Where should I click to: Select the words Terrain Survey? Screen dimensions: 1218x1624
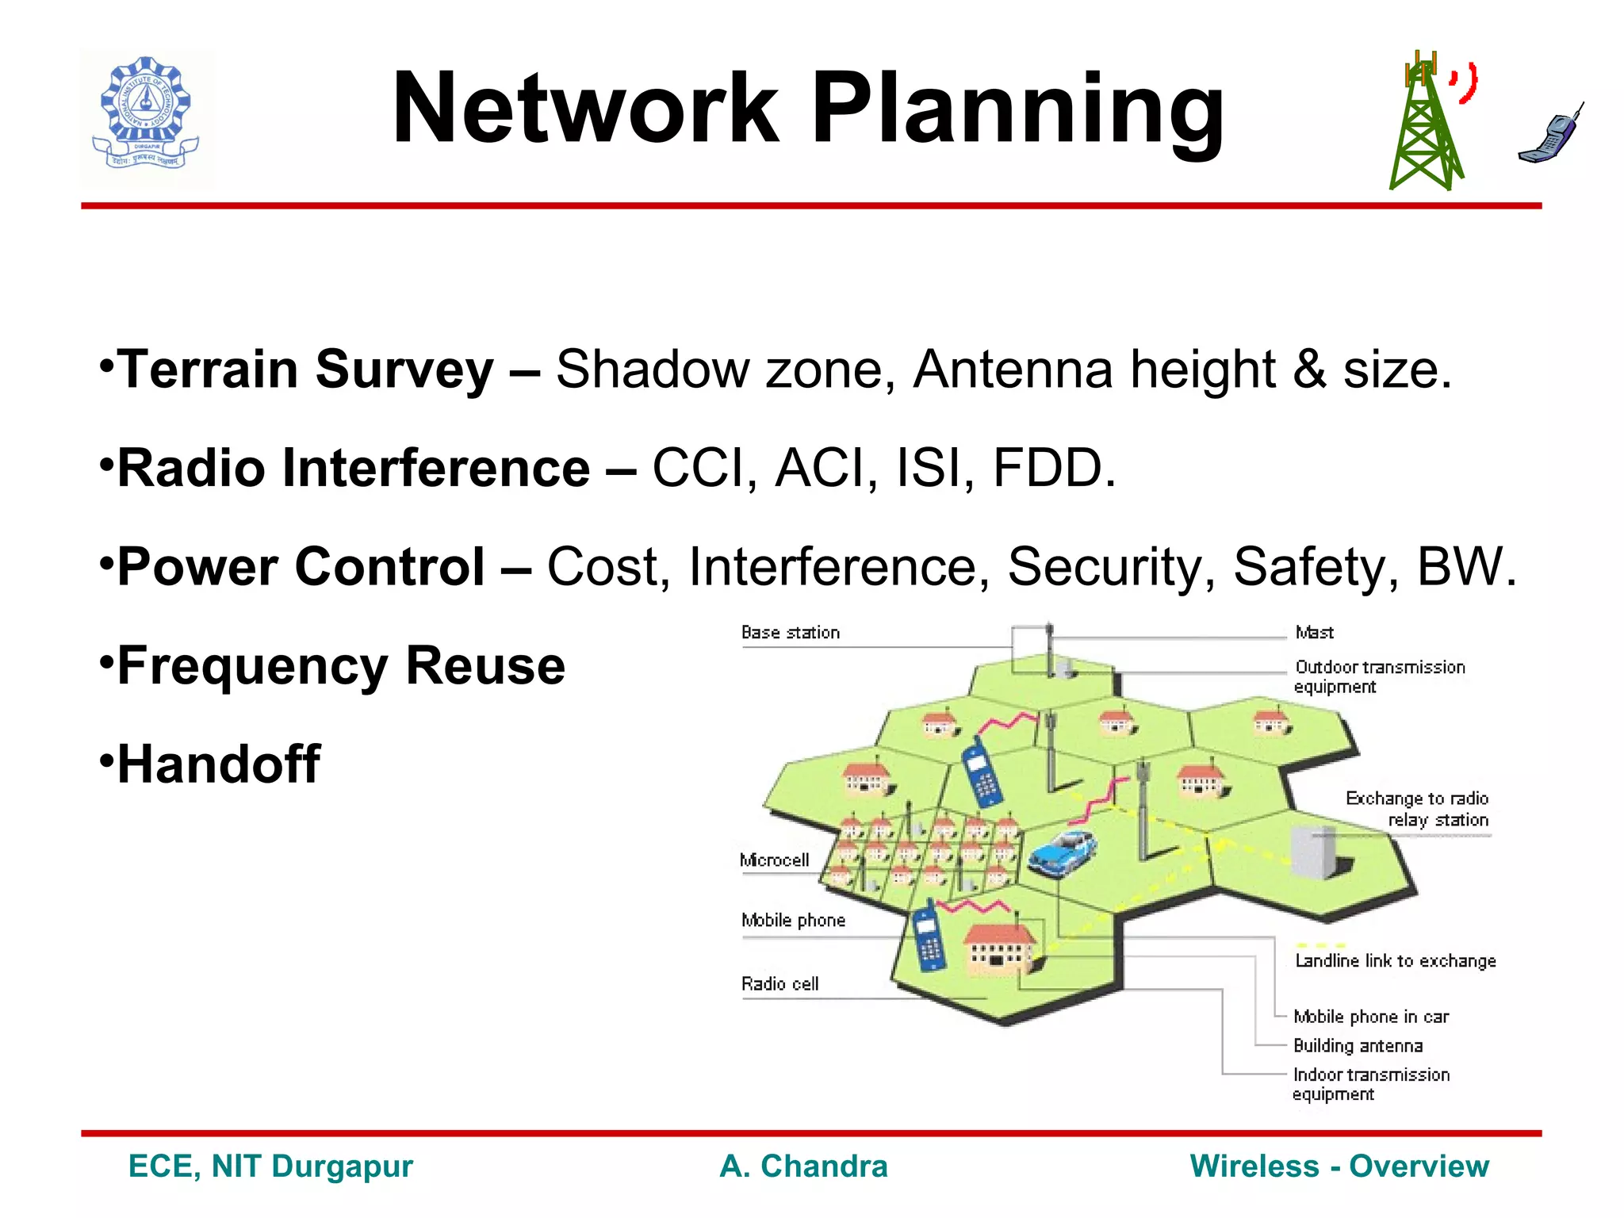[305, 370]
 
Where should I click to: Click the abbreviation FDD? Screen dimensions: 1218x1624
[1053, 468]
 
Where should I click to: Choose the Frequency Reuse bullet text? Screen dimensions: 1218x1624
[341, 665]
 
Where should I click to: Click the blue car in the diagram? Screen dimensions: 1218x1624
[1063, 852]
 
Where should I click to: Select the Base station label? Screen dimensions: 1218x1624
[790, 633]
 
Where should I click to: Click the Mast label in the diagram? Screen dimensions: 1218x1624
[1314, 633]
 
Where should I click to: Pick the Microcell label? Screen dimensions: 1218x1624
[774, 860]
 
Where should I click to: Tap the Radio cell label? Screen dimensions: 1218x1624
[779, 984]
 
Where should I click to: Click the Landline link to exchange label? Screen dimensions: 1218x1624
[1395, 961]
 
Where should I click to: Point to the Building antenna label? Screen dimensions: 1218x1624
[1358, 1046]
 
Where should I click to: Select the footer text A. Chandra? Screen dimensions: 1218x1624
[803, 1166]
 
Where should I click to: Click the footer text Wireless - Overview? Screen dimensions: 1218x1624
[1339, 1166]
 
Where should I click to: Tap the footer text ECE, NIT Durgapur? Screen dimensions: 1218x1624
[270, 1166]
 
